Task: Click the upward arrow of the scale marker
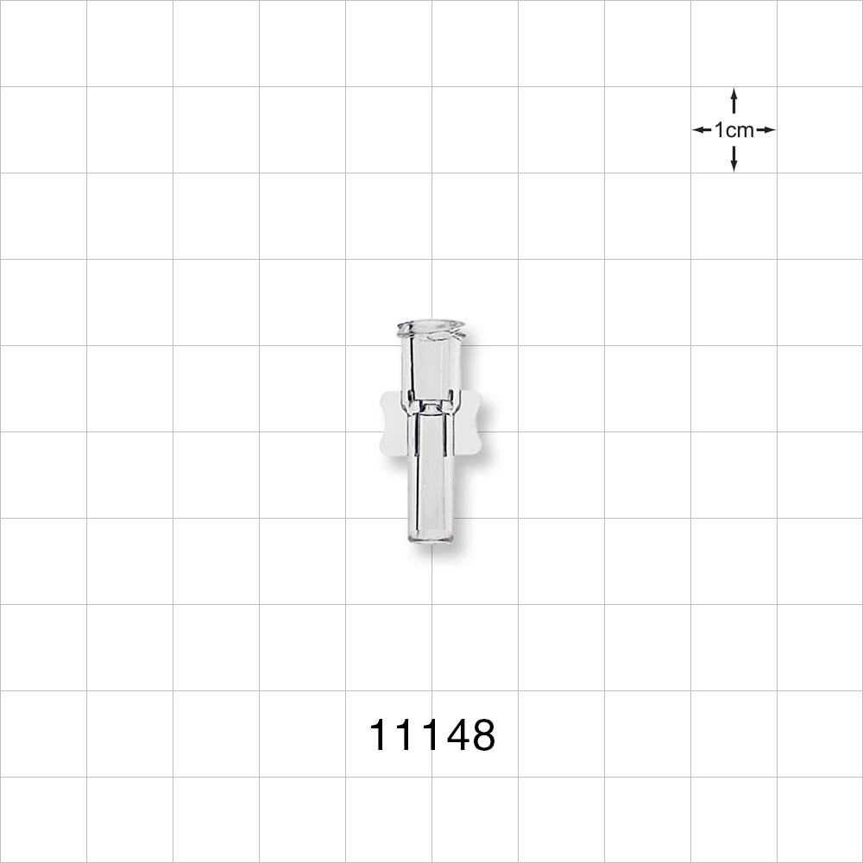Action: coord(734,100)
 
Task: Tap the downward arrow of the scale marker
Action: coord(734,159)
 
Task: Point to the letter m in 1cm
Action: coord(745,131)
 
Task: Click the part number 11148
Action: coord(431,735)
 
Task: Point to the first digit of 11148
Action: coord(381,735)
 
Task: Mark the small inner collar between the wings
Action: coord(430,402)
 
